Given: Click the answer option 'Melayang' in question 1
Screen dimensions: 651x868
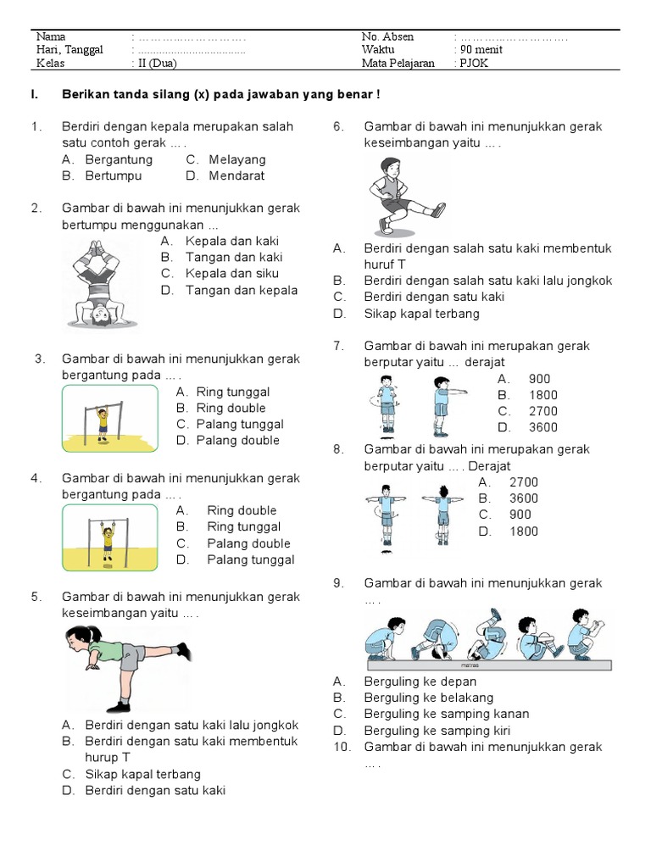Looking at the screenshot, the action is (237, 159).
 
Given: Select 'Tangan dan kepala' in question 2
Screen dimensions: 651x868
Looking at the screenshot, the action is (242, 290).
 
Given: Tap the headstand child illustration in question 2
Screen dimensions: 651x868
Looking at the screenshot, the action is (100, 284).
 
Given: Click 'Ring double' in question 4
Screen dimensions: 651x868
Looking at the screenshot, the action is (242, 510).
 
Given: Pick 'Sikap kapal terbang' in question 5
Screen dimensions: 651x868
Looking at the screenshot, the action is (142, 774).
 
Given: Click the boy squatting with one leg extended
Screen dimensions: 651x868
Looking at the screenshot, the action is (408, 197).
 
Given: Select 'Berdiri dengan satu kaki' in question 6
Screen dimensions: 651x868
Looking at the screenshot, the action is (434, 297).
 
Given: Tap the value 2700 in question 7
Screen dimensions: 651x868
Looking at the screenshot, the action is (543, 411).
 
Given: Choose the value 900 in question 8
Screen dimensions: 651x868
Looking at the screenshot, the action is (520, 515).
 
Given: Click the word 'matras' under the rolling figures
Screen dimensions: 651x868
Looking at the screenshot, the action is (470, 665).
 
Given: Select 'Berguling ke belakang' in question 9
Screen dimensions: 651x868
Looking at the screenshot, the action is (428, 698).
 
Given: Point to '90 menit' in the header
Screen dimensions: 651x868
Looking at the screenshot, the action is (481, 49).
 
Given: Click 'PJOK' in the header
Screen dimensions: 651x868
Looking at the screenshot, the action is (474, 63).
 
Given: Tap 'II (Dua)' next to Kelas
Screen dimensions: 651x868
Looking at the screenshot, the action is (157, 63).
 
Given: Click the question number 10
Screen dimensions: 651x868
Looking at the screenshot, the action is (342, 747).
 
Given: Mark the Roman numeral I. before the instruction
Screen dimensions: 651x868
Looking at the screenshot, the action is (34, 94).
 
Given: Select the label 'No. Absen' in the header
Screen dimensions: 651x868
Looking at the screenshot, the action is (387, 36).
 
